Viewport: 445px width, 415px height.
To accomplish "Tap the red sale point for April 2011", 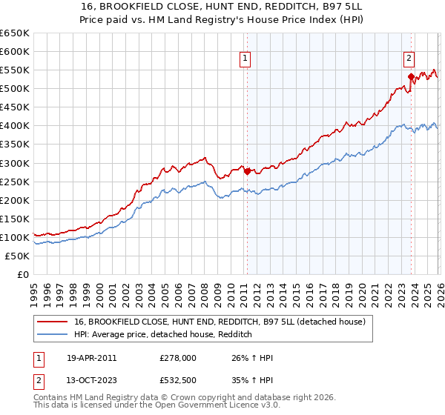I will point(247,170).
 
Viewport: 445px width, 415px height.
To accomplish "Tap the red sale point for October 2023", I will point(410,76).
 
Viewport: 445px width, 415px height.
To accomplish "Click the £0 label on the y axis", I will point(22,274).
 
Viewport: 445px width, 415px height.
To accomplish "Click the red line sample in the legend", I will point(53,322).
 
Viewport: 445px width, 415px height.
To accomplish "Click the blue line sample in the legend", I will point(53,335).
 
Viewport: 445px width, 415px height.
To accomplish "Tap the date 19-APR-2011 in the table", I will point(90,358).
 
